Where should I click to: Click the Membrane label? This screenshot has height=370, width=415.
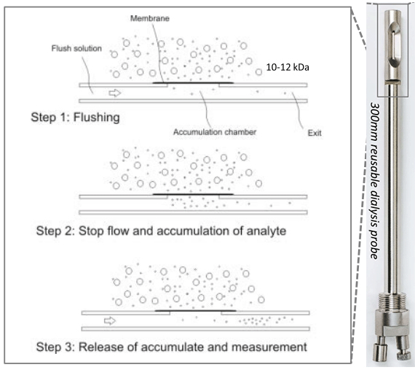tap(150, 18)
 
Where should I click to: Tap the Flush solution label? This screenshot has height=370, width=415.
tap(76, 48)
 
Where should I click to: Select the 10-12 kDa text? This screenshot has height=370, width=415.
tap(288, 67)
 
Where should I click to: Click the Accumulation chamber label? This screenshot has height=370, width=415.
tap(215, 132)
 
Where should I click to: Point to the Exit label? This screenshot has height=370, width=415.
tap(315, 133)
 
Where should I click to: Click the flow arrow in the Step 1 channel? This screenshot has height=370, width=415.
tap(115, 93)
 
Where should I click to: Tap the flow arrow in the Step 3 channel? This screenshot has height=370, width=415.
tap(110, 320)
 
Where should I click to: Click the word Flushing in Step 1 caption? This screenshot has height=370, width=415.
tap(96, 117)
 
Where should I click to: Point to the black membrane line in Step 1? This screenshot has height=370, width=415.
tap(193, 82)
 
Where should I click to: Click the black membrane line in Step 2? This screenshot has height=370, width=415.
tap(193, 194)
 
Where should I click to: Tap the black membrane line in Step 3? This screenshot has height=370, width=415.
tap(195, 310)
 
